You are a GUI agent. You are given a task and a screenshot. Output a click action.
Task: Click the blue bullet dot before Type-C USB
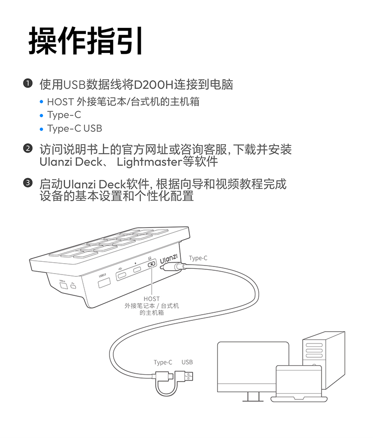click(42, 129)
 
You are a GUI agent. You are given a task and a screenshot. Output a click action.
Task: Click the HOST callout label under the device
click(152, 299)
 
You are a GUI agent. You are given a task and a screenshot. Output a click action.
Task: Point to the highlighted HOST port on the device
click(151, 266)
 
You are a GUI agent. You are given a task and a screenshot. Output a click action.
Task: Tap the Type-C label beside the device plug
click(198, 258)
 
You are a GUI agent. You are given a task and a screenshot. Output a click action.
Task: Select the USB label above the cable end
click(187, 362)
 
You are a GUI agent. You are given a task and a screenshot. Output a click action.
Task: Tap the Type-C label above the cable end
click(163, 362)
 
